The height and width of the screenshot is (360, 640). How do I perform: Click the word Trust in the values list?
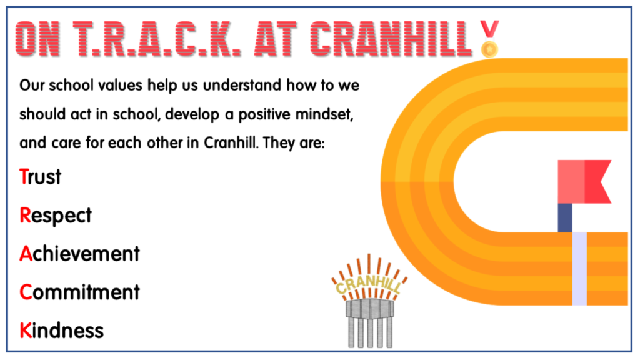point(41,177)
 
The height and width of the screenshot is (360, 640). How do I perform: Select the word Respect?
point(56,216)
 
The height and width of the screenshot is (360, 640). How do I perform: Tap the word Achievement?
point(79,254)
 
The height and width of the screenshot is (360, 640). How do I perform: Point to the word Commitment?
point(79,292)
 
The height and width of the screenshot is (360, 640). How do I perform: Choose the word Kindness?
point(61,330)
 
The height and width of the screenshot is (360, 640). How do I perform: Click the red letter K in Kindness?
point(26,330)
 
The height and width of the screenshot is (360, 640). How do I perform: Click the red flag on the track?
point(584,181)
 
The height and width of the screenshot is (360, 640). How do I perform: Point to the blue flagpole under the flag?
point(565,217)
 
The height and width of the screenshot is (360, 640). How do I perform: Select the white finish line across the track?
point(580,269)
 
